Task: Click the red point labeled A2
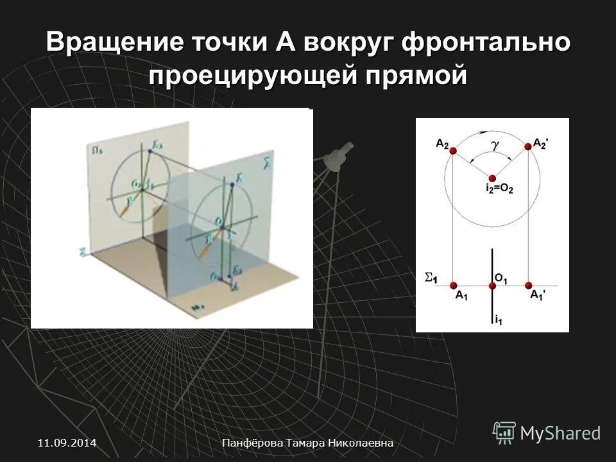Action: coord(453,151)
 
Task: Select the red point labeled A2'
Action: coord(529,147)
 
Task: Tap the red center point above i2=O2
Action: coord(492,178)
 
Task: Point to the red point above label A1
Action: coord(453,285)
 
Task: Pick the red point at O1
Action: coord(492,285)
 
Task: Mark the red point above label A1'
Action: coord(529,285)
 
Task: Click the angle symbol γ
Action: coord(495,147)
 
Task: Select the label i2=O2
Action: coord(491,189)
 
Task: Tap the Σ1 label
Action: coord(431,278)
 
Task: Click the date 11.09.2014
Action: coord(67,443)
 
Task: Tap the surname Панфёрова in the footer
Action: coord(253,443)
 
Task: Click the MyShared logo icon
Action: coord(504,432)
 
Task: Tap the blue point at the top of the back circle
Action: coord(150,151)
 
